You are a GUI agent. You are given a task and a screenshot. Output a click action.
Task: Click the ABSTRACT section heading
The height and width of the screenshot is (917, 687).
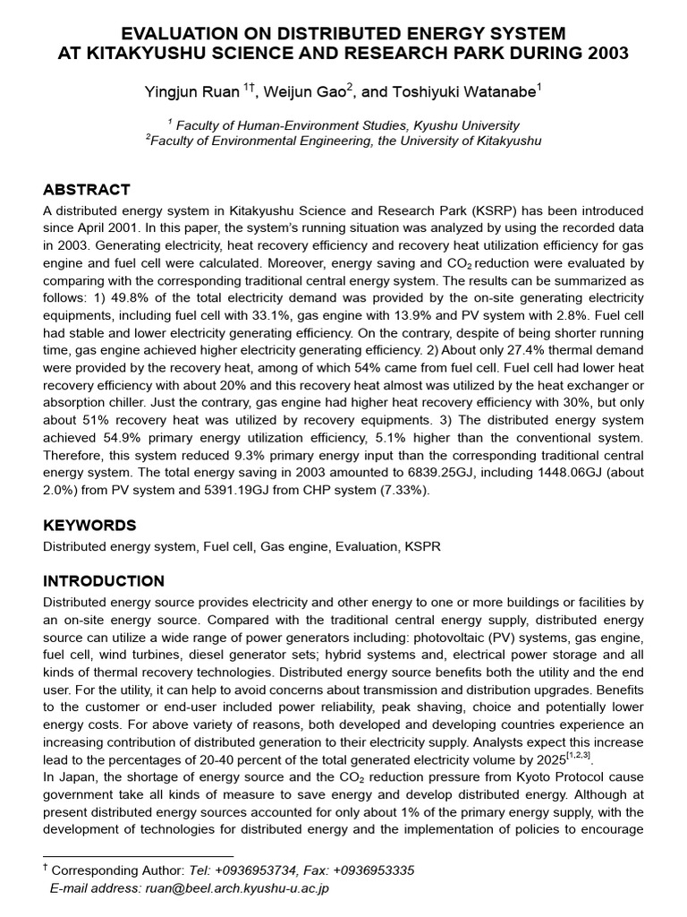(x=87, y=190)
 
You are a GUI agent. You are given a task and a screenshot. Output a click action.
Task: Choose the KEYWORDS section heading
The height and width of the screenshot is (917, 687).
(x=90, y=525)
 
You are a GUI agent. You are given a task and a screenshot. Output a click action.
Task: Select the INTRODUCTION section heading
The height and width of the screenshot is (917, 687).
(x=104, y=581)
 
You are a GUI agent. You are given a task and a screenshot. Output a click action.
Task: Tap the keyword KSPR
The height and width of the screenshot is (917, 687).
(x=422, y=545)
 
